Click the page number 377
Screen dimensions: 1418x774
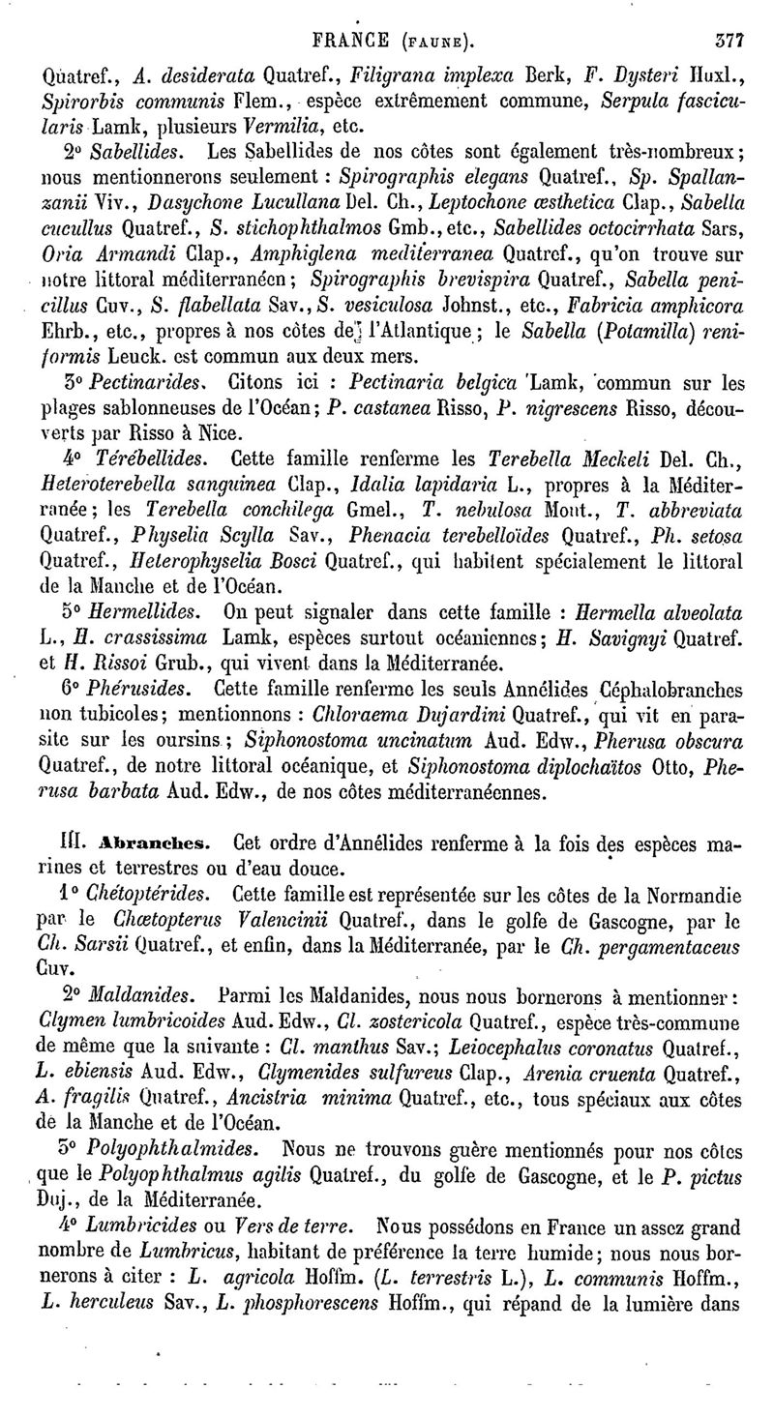coord(727,43)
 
